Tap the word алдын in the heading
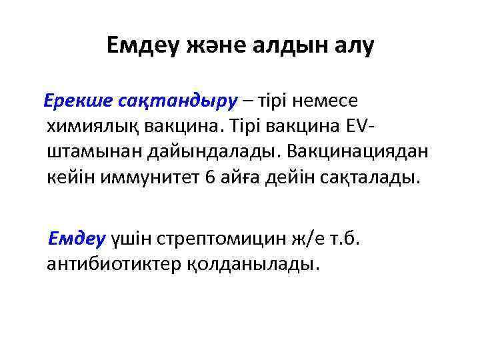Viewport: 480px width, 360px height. (x=290, y=46)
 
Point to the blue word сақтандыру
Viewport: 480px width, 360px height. (x=177, y=101)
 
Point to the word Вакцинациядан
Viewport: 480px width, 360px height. (x=358, y=153)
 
